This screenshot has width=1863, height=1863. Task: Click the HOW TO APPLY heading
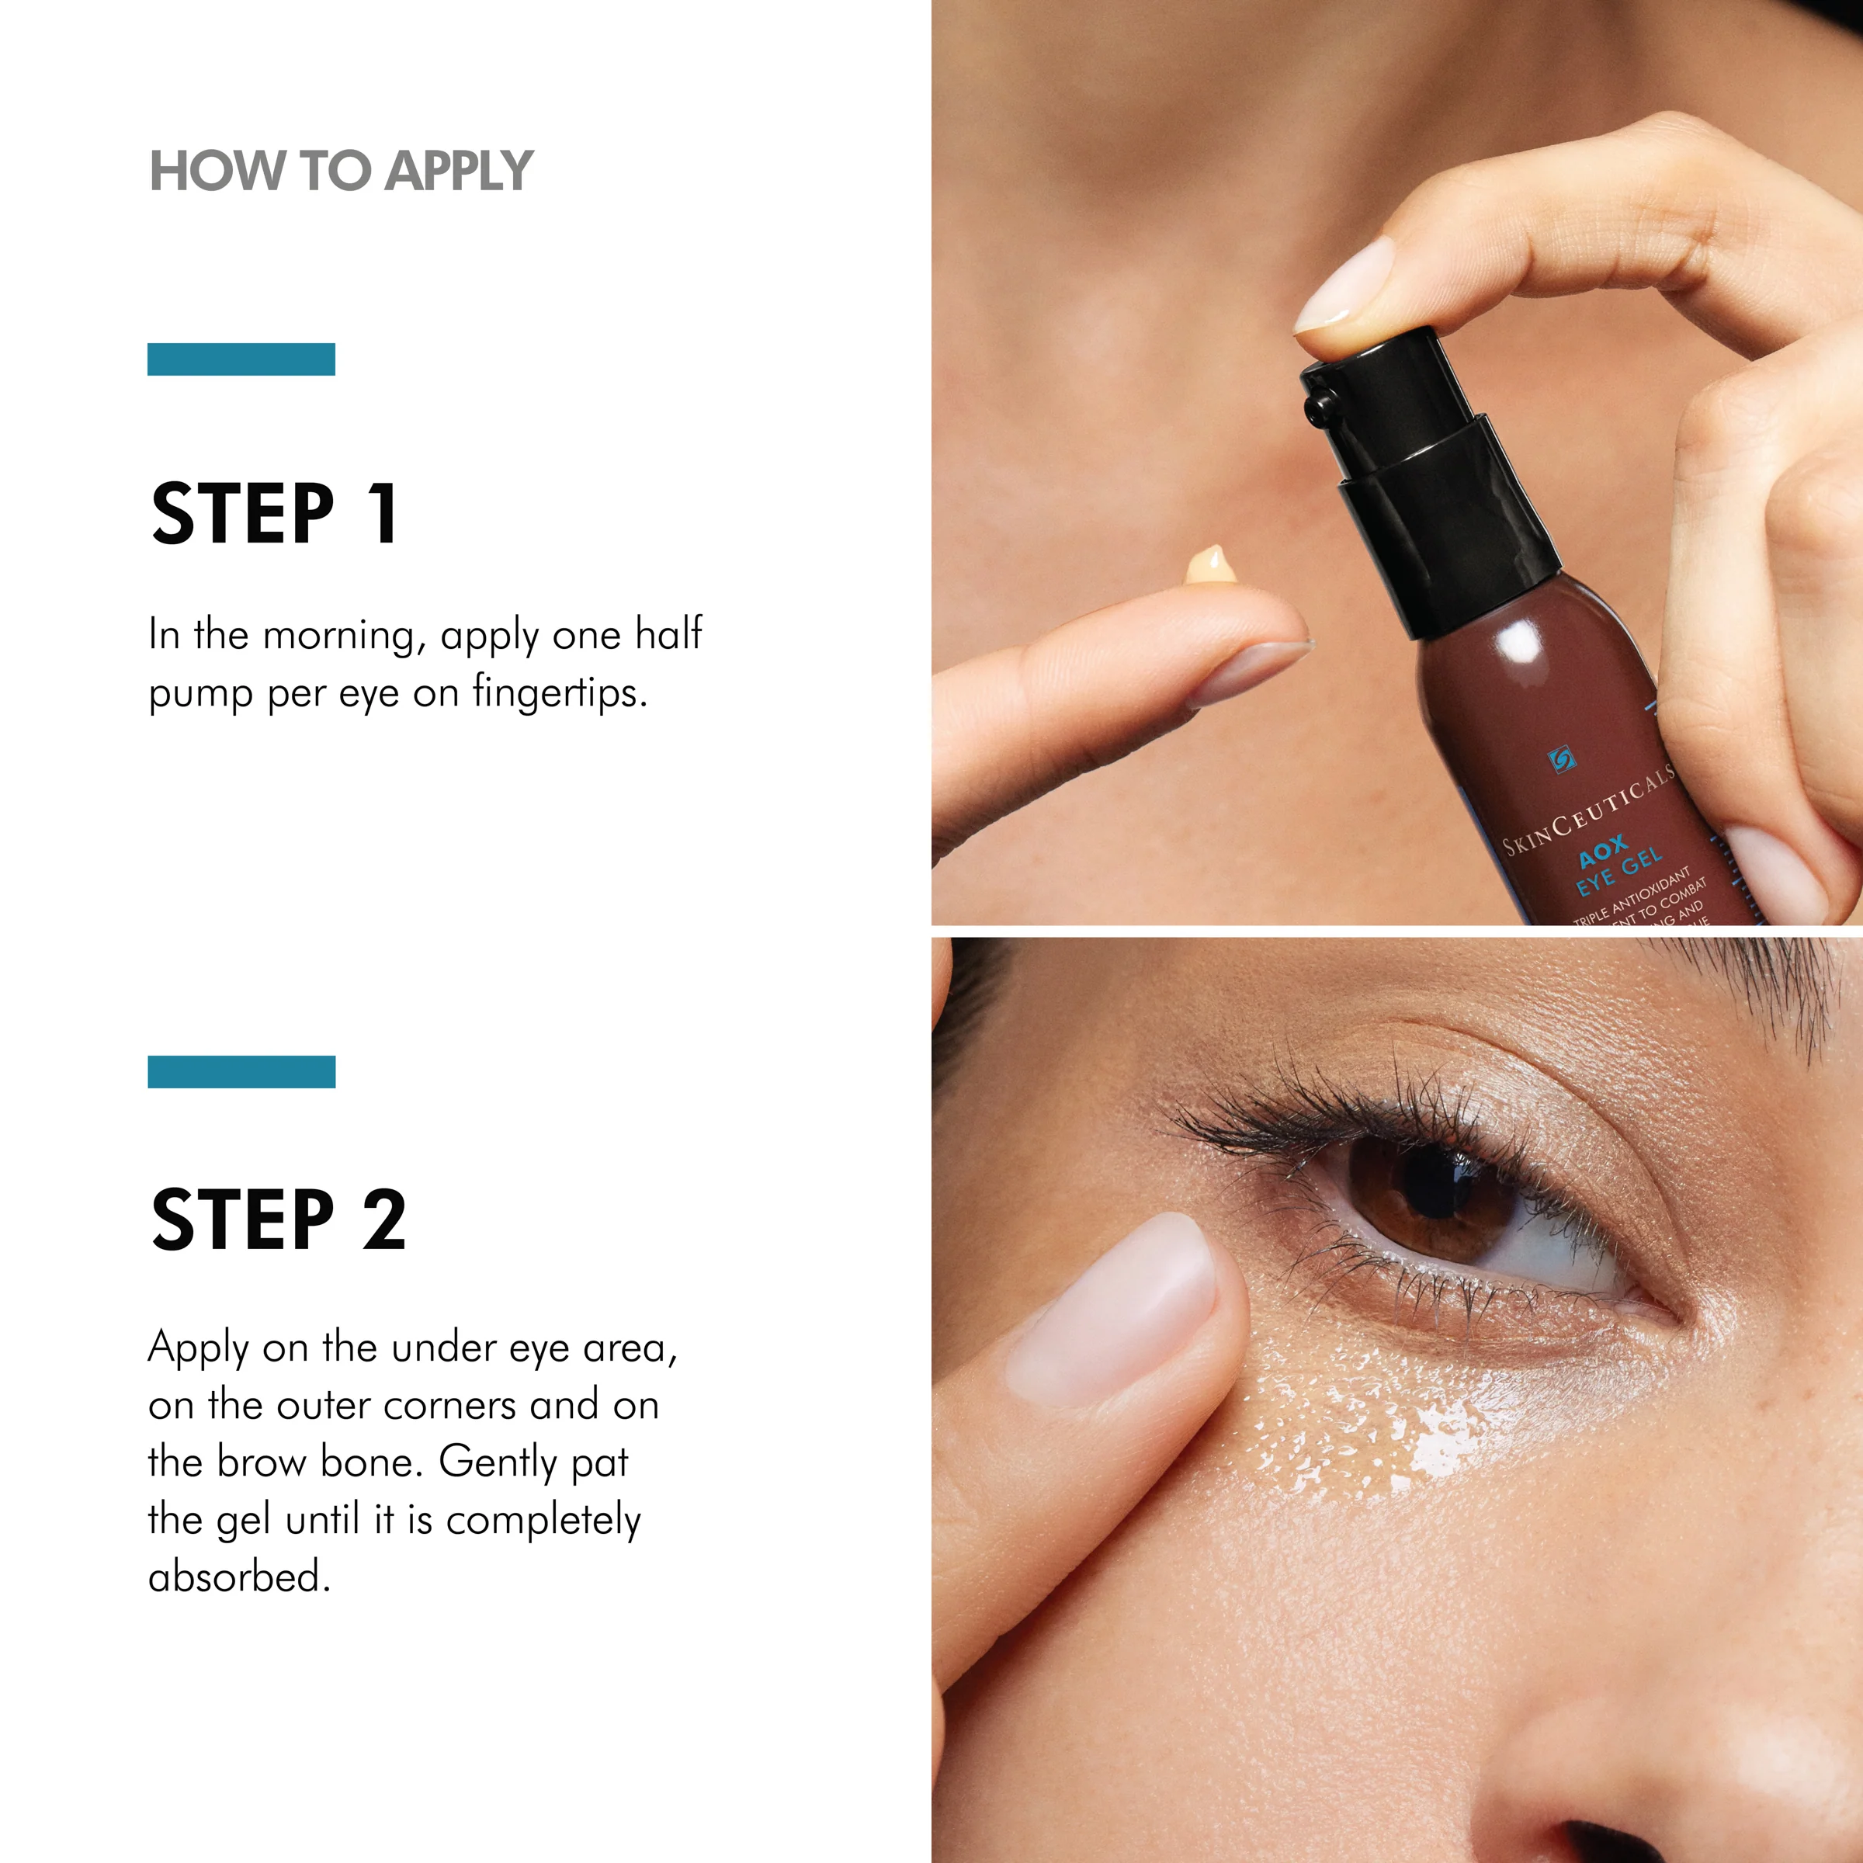pyautogui.click(x=341, y=172)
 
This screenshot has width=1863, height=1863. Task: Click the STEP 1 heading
pyautogui.click(x=275, y=514)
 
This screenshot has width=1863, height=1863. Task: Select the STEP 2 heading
pyautogui.click(x=279, y=1221)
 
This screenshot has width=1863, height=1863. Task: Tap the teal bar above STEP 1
pyautogui.click(x=241, y=359)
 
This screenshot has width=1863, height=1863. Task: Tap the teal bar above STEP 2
pyautogui.click(x=241, y=1071)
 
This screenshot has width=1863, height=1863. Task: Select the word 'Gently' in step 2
pyautogui.click(x=498, y=1462)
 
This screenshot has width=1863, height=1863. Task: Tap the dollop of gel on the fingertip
pyautogui.click(x=1212, y=567)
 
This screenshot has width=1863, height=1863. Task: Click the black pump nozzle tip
pyautogui.click(x=1317, y=405)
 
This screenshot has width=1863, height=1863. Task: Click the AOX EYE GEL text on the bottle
pyautogui.click(x=1619, y=865)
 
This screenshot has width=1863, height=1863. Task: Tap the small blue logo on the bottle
pyautogui.click(x=1560, y=760)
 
